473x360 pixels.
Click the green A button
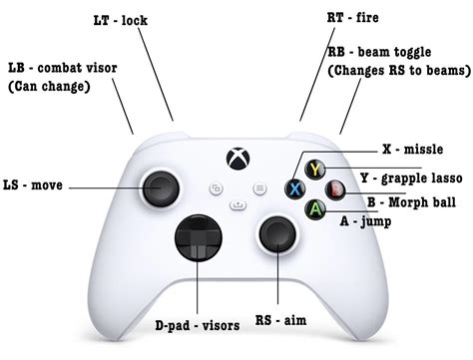pos(315,209)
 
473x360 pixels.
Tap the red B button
pos(336,188)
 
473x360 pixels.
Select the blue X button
pos(295,188)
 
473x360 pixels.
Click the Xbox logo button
pos(236,159)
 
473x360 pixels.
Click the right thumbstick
pos(274,235)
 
